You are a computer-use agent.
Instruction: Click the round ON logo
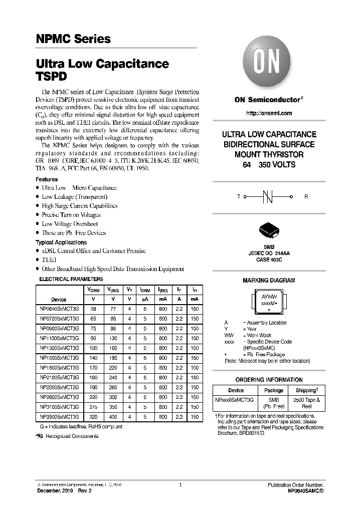(x=269, y=64)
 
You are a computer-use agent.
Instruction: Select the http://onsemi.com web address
(x=269, y=114)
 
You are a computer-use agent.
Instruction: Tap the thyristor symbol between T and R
(x=269, y=196)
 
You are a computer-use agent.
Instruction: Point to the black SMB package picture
(x=269, y=232)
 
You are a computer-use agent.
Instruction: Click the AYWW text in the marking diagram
(x=269, y=297)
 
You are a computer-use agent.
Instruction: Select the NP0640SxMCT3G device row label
(x=59, y=309)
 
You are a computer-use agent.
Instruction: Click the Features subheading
(x=47, y=179)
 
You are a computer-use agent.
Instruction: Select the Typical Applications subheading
(x=61, y=242)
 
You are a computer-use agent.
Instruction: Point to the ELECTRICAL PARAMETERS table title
(x=71, y=279)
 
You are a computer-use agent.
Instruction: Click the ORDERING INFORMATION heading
(x=269, y=380)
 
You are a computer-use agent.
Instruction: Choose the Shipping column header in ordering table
(x=306, y=390)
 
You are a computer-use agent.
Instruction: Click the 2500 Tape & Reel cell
(x=306, y=403)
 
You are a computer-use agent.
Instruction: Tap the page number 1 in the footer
(x=180, y=485)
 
